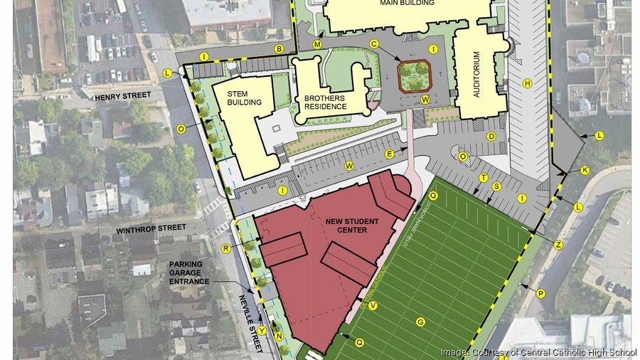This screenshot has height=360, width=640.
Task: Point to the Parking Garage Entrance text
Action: (189, 272)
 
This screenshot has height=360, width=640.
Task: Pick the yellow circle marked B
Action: (279, 49)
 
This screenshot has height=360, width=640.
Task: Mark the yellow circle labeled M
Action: (317, 44)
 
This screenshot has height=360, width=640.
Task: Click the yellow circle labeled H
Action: (528, 83)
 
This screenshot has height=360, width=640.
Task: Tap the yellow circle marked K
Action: (585, 170)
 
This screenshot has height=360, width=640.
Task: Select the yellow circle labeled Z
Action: (558, 245)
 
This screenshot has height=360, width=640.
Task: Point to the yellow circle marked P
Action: (540, 293)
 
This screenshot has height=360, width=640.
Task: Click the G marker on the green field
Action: (420, 322)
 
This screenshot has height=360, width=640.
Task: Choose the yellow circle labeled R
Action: (225, 248)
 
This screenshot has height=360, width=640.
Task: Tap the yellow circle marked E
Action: (389, 154)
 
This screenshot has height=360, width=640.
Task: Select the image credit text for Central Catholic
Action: (538, 351)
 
